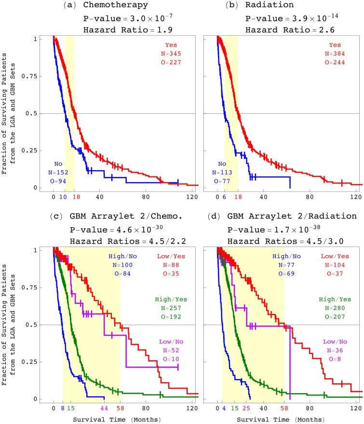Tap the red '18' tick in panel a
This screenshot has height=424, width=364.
[x=75, y=197]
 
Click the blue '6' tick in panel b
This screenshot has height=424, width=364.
[x=225, y=197]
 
